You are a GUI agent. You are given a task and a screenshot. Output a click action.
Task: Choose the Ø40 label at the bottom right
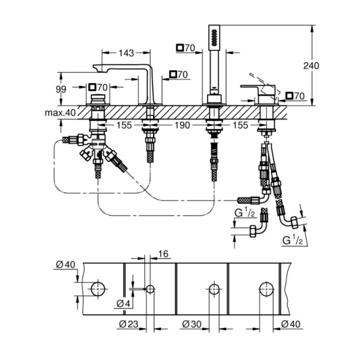coord(290,325)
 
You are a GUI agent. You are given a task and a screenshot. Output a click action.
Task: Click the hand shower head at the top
coord(214,38)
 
